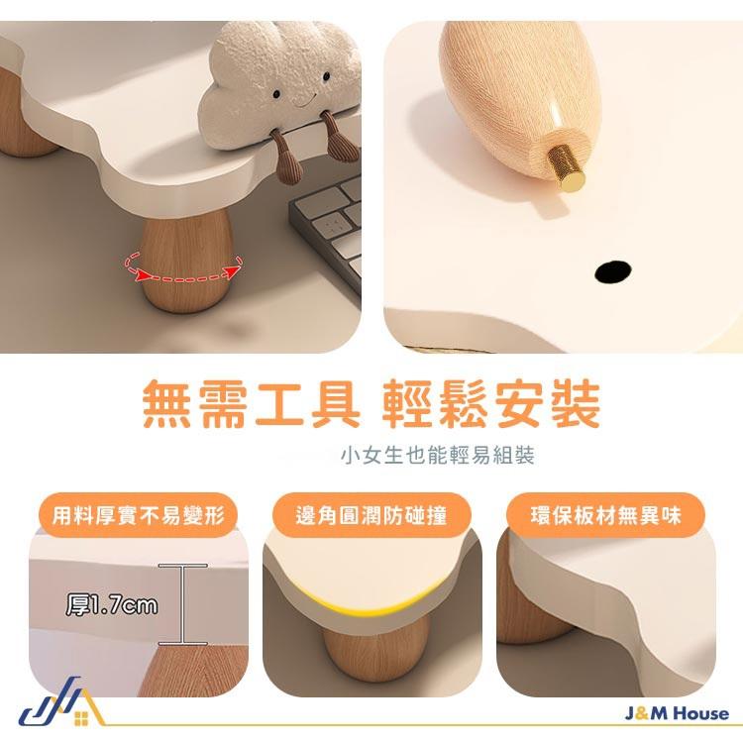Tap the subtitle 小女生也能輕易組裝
coord(437,456)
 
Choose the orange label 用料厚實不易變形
coord(139,515)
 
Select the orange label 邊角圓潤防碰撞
coord(371,515)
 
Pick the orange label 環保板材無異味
coord(604,515)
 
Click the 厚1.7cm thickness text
coord(111,603)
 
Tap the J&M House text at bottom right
coord(678,713)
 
